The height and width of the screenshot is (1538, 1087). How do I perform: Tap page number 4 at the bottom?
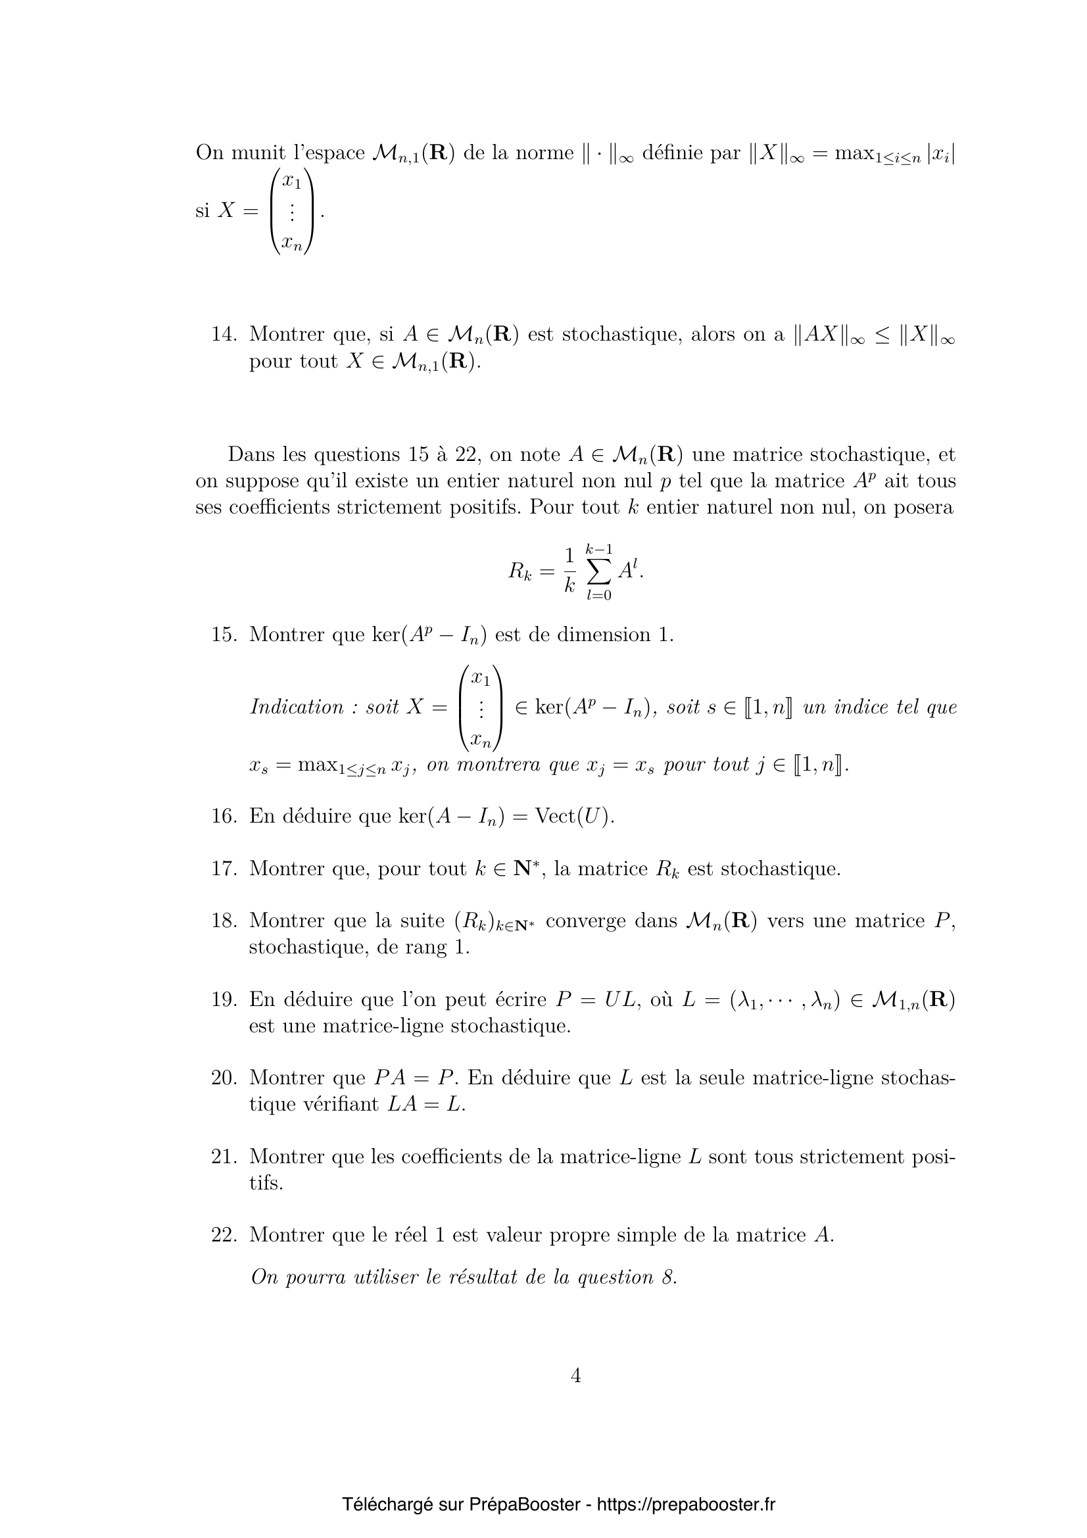click(575, 1376)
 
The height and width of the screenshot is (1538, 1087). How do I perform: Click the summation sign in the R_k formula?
click(599, 571)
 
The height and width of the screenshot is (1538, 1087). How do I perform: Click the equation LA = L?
click(426, 1105)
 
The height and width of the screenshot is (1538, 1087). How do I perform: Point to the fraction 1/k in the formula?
click(569, 571)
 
